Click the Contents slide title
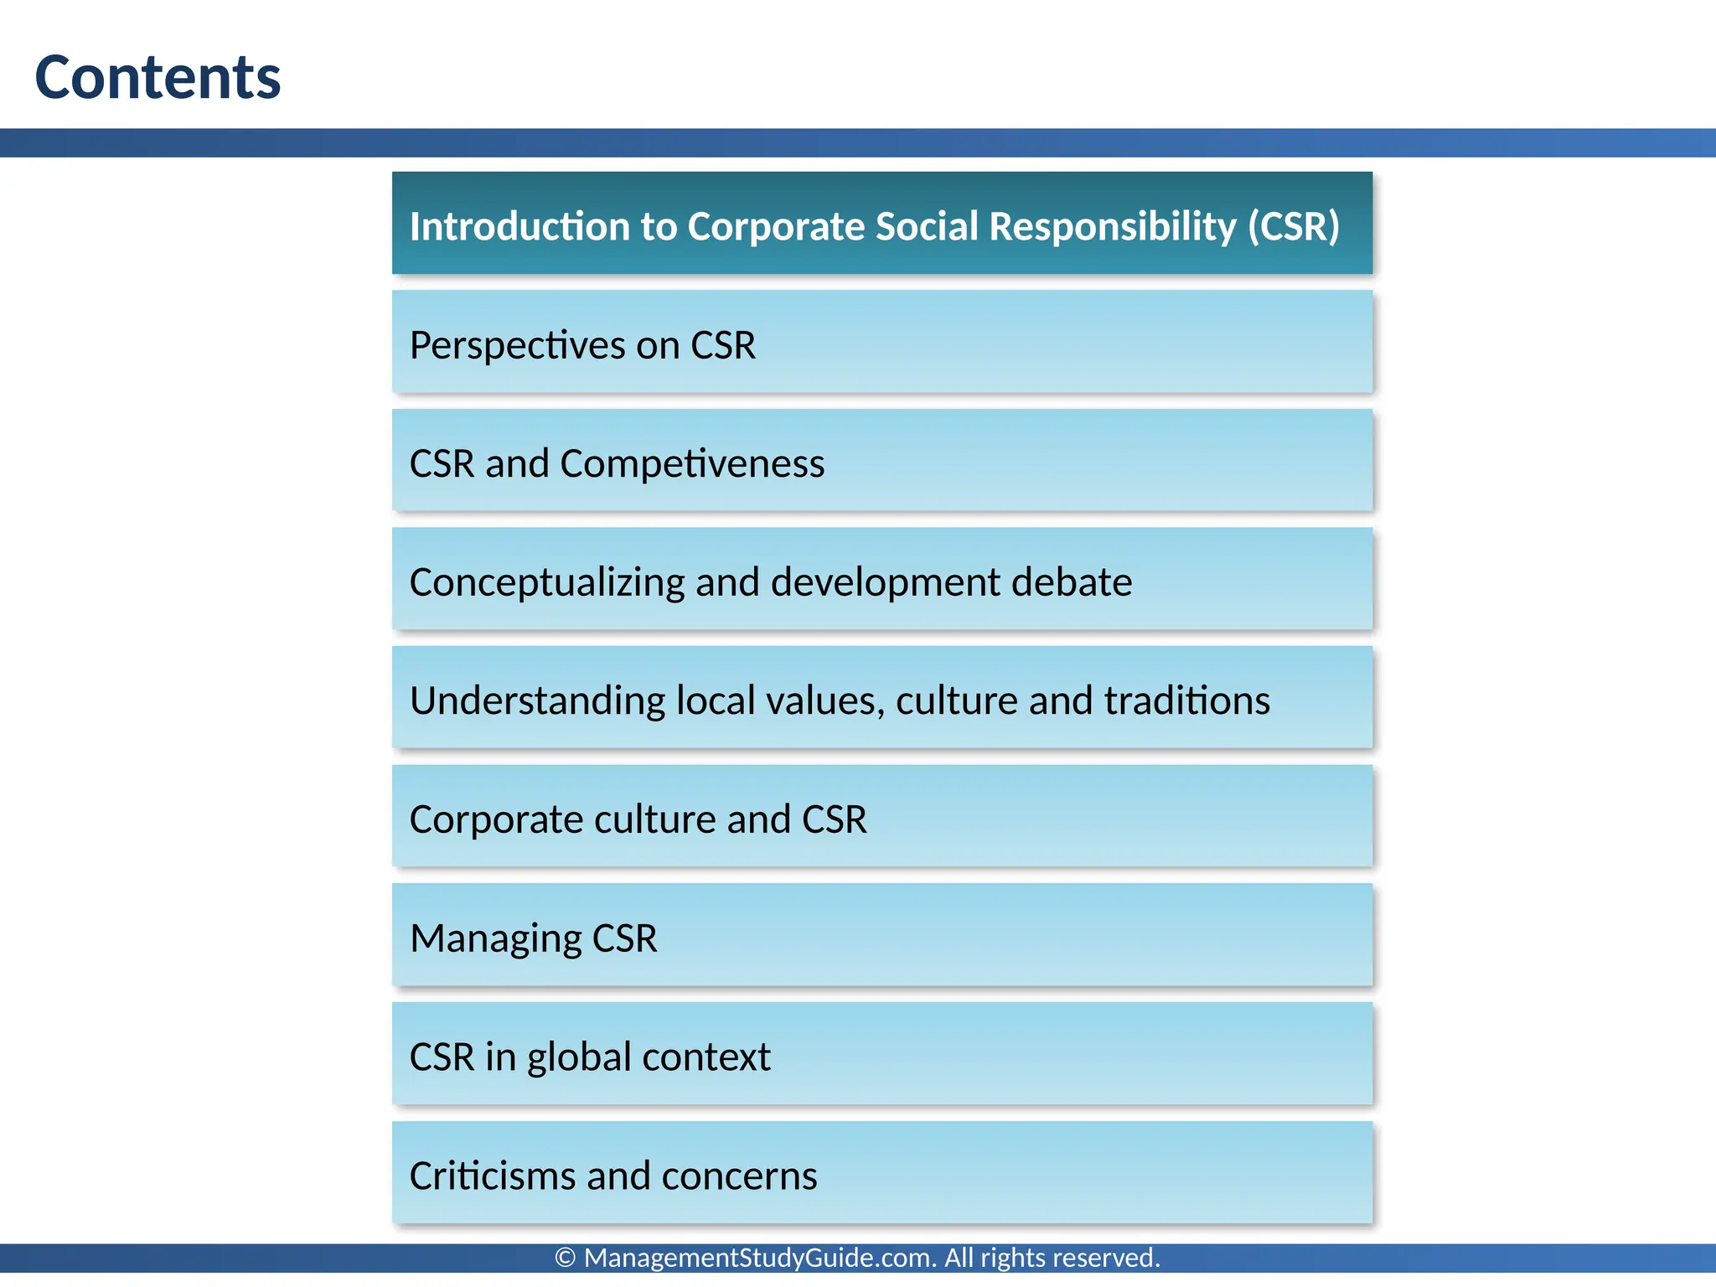tap(158, 77)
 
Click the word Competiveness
tap(692, 464)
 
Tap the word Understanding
tap(537, 700)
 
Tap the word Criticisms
tap(491, 1176)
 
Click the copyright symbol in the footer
tap(566, 1258)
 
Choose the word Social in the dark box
tap(927, 226)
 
